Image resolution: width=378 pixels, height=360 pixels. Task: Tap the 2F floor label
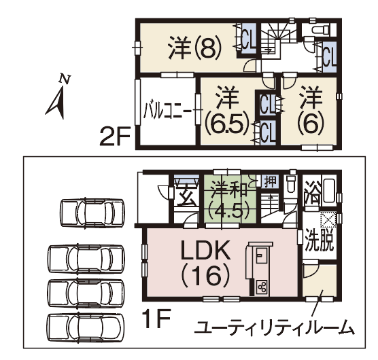pyautogui.click(x=115, y=137)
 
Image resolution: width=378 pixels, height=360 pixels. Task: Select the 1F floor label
pyautogui.click(x=156, y=318)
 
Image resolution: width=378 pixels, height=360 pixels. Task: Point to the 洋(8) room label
pyautogui.click(x=195, y=49)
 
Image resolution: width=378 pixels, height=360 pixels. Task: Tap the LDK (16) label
pyautogui.click(x=205, y=264)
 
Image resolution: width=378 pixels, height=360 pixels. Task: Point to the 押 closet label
pyautogui.click(x=270, y=181)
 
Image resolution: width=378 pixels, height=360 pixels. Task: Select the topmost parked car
pyautogui.click(x=92, y=213)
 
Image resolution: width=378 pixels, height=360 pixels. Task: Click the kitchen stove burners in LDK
pyautogui.click(x=262, y=287)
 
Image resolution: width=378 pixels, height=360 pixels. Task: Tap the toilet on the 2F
pyautogui.click(x=320, y=31)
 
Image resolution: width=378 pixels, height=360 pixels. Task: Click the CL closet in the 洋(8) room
pyautogui.click(x=248, y=38)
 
